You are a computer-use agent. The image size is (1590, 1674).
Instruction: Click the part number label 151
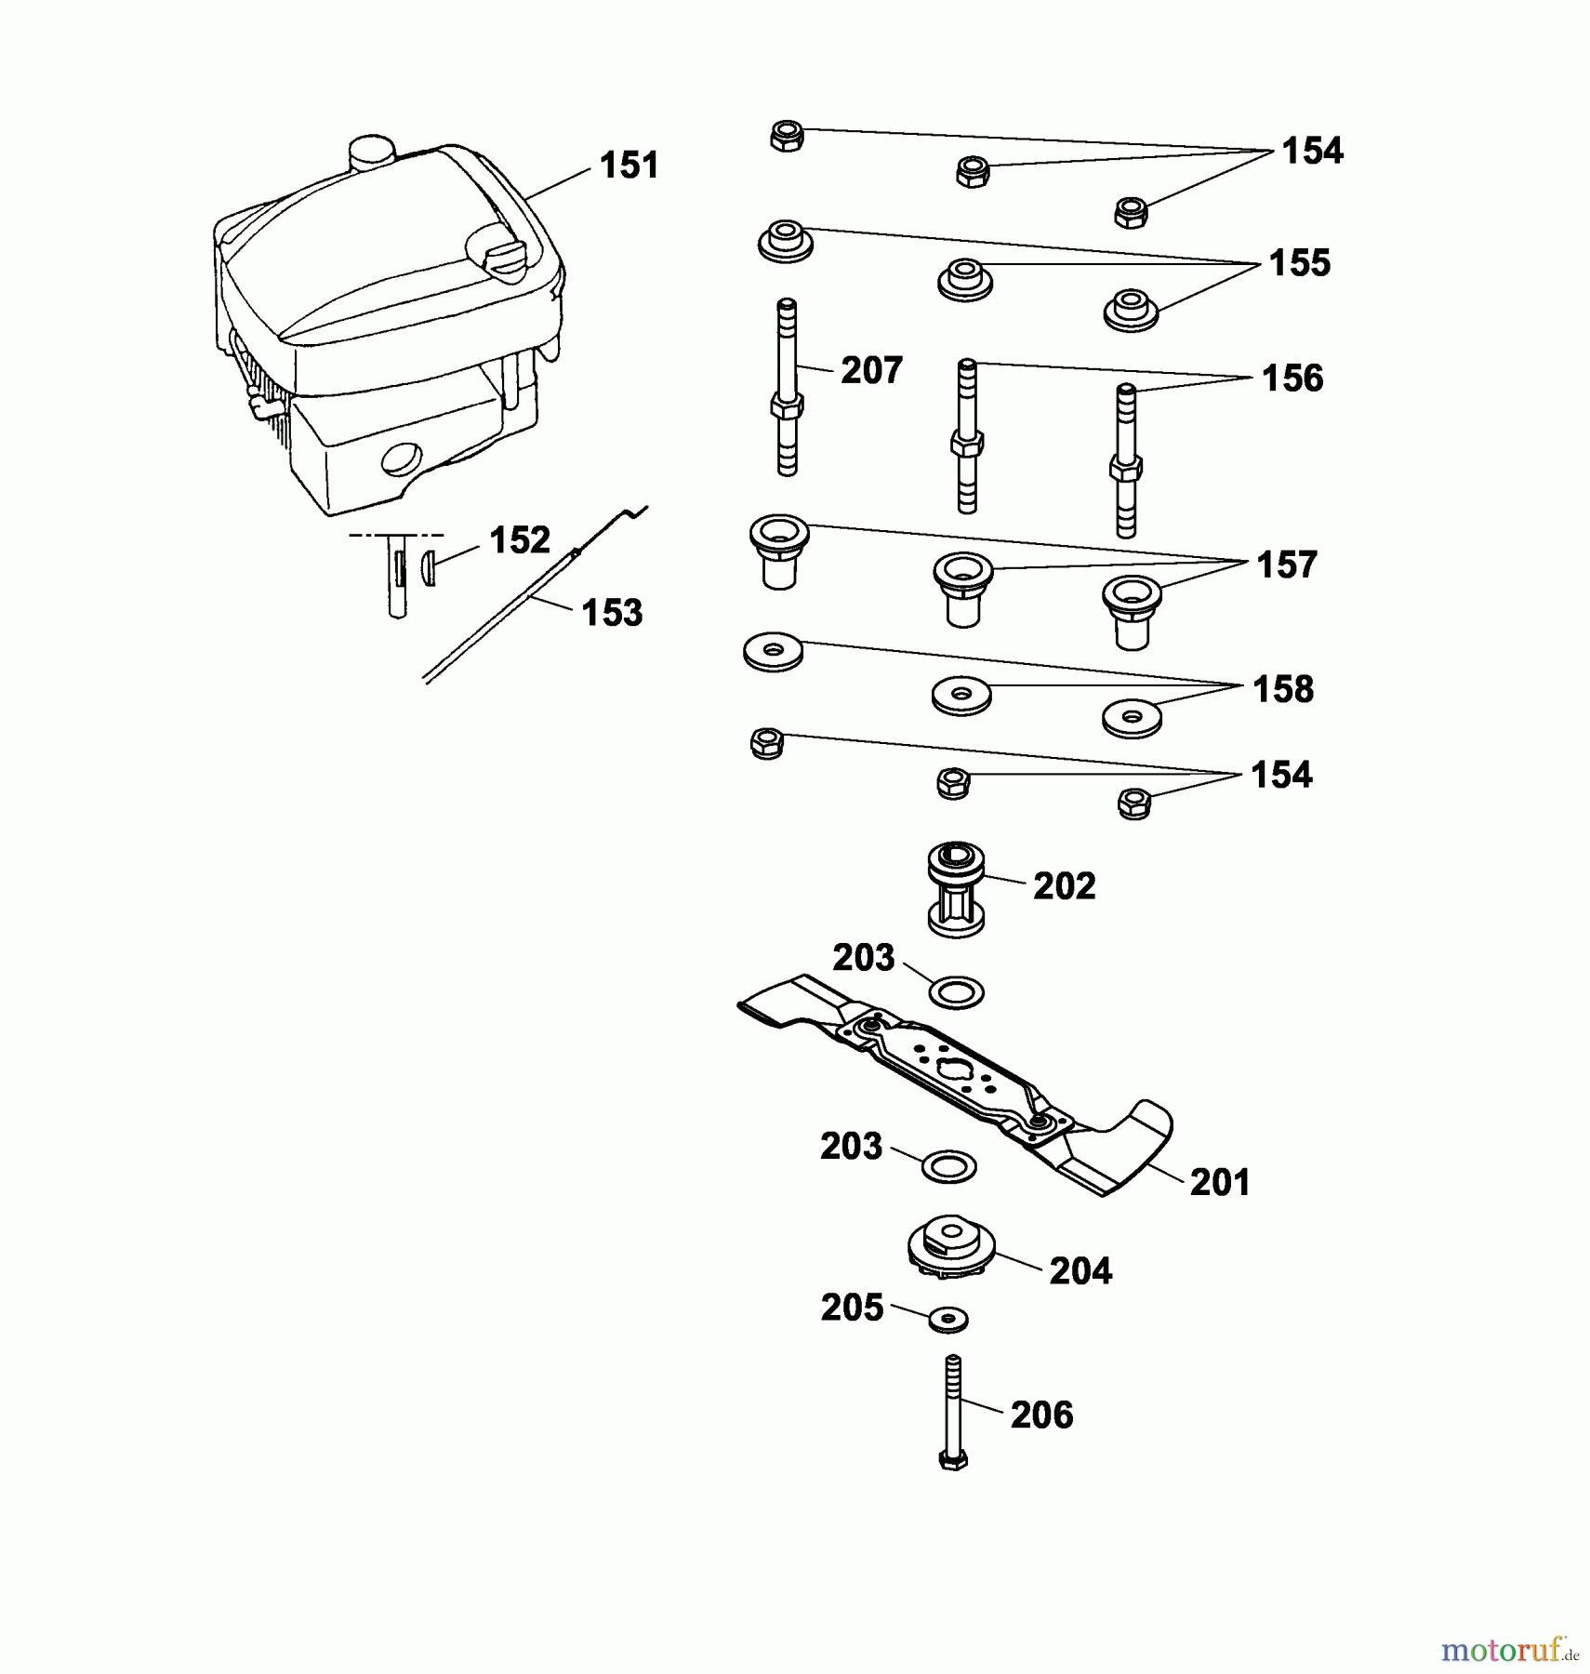point(629,166)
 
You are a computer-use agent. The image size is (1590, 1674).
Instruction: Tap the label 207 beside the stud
point(871,371)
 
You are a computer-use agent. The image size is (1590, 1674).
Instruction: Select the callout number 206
point(1041,1415)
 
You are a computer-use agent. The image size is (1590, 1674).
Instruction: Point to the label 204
point(1080,1270)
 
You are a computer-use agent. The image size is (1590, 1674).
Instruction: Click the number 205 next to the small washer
point(852,1308)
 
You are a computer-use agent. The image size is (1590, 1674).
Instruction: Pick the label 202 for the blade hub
point(1064,886)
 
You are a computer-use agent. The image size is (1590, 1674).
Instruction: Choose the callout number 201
point(1220,1182)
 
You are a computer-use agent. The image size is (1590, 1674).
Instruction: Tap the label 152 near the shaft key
point(520,540)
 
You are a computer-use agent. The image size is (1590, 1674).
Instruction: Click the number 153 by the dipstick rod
point(612,613)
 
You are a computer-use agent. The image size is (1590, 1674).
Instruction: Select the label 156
point(1292,379)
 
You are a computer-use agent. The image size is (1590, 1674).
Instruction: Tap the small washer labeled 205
point(947,1318)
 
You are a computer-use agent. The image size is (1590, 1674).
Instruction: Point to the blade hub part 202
point(956,890)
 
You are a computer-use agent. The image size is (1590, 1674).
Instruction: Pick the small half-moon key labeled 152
point(429,566)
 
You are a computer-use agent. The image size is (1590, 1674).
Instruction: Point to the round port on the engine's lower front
point(402,458)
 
